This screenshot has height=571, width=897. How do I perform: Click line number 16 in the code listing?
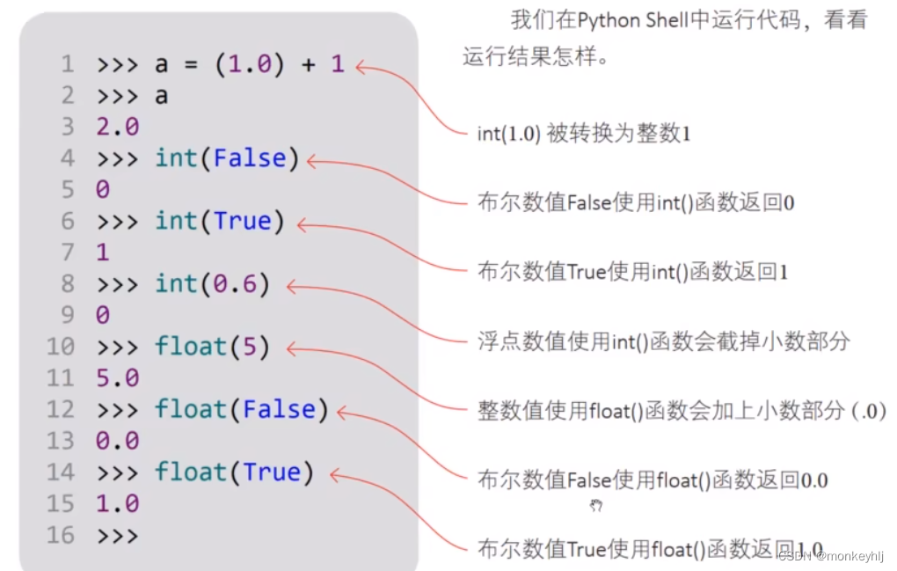point(61,535)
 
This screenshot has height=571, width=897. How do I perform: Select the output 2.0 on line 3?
point(118,128)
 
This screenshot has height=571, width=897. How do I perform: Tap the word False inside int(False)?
point(250,158)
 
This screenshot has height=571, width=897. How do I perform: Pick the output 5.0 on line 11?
point(118,378)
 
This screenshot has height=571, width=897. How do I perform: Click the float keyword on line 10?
point(191,347)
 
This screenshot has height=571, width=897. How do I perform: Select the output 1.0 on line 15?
point(118,504)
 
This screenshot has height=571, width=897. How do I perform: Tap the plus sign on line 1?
point(307,65)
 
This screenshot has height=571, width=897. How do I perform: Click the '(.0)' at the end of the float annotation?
point(868,411)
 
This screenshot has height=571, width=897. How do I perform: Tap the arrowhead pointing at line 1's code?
point(361,67)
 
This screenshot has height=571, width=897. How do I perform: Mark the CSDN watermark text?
point(831,555)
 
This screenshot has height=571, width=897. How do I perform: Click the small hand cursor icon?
point(596,505)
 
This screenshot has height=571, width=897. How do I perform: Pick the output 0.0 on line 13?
point(118,441)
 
